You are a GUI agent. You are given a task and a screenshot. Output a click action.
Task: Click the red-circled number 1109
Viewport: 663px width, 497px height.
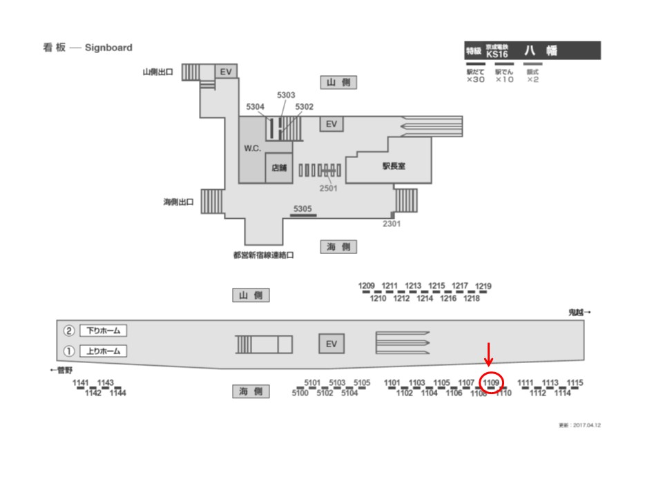coord(491,382)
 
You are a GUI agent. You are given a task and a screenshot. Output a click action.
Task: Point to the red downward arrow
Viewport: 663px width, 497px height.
coord(488,354)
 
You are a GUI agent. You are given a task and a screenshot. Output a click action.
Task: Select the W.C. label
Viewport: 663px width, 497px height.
coord(252,150)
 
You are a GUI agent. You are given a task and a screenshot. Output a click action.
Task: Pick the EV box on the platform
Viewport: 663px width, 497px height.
coord(331,344)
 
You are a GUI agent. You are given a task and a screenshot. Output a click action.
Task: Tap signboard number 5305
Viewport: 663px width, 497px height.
coord(303,208)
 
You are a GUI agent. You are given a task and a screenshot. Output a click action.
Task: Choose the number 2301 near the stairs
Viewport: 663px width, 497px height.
coord(391,224)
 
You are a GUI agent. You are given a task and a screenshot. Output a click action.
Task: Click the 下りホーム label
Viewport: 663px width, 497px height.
coord(104,331)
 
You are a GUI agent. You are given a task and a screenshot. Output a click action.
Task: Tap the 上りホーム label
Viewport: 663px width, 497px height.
coord(104,351)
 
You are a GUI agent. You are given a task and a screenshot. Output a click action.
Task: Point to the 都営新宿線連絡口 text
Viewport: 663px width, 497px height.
coord(264,254)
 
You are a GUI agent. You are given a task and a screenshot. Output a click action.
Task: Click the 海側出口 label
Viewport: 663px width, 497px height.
coord(178,202)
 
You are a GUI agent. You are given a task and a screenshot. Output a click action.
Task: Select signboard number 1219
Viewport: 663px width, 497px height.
coord(483,286)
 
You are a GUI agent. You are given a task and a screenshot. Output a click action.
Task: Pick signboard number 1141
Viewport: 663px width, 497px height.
coord(81,382)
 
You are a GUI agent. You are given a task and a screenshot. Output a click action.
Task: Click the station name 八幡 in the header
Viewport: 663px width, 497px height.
coord(540,50)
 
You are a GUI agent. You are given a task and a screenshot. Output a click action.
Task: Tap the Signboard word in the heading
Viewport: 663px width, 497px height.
coord(108,48)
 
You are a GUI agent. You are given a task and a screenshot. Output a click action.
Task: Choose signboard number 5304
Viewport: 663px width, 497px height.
coord(256,107)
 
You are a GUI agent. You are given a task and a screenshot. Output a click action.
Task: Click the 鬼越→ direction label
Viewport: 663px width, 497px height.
coord(579,313)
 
